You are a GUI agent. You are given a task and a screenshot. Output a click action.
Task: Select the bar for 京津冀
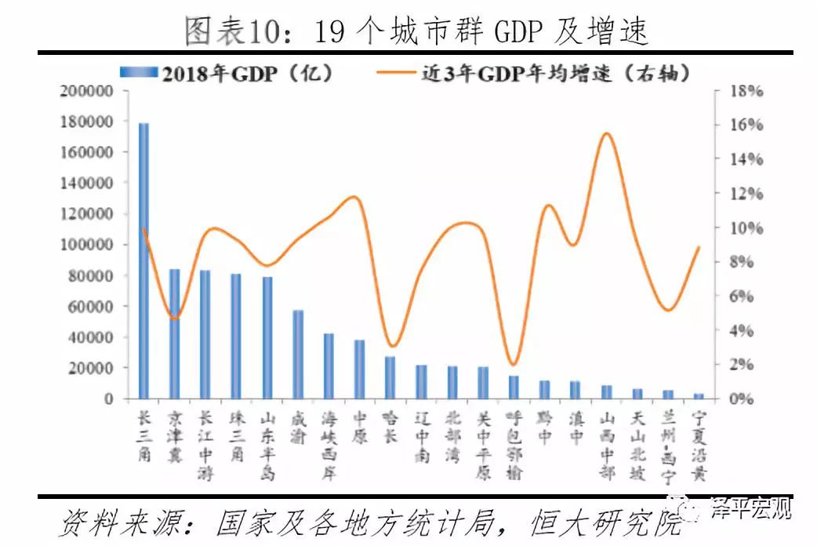pyautogui.click(x=174, y=334)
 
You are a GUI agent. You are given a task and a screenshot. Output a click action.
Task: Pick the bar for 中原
pyautogui.click(x=359, y=369)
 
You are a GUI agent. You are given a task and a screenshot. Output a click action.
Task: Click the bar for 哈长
pyautogui.click(x=390, y=377)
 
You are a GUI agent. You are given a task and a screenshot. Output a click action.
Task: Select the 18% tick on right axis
pyautogui.click(x=746, y=91)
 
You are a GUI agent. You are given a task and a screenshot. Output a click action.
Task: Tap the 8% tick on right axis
pyautogui.click(x=743, y=262)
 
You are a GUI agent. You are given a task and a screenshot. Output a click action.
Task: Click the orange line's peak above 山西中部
pyautogui.click(x=606, y=134)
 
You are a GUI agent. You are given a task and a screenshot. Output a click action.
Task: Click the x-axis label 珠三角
pyautogui.click(x=235, y=436)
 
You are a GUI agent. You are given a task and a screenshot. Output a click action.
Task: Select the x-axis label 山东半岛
pyautogui.click(x=267, y=446)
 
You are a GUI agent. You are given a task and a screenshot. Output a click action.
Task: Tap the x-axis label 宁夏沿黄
pyautogui.click(x=697, y=446)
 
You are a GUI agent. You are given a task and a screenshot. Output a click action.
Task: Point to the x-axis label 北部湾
pyautogui.click(x=452, y=436)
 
